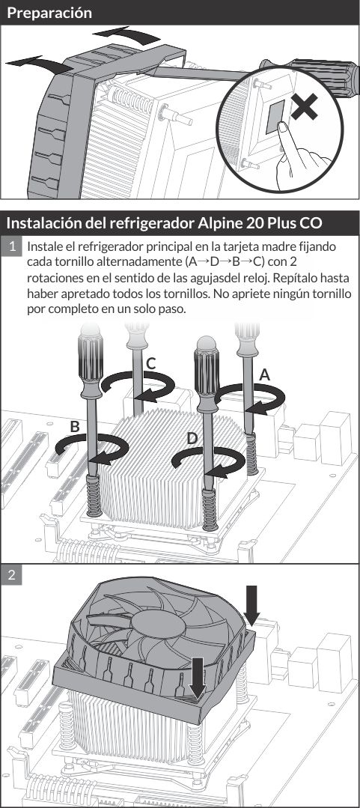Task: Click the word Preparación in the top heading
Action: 49,13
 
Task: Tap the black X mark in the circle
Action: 305,106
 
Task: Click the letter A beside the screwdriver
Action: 265,375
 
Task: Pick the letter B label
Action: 75,427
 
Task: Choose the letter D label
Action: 192,439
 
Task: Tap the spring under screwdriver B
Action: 94,495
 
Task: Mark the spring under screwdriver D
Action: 210,509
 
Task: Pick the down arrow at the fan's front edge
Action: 198,677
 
